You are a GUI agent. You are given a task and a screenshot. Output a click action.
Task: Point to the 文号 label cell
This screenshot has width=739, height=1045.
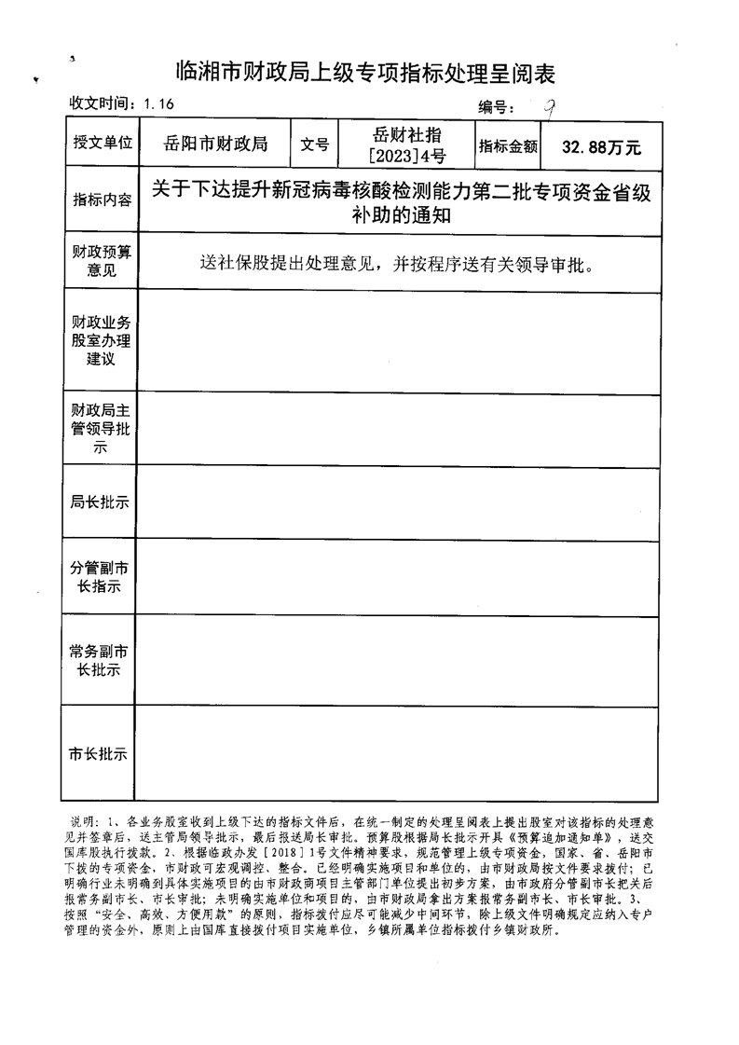(315, 144)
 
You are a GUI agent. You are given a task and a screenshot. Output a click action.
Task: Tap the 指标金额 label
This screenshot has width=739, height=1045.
(509, 145)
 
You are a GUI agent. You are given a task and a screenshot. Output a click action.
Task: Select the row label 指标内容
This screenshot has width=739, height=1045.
(102, 200)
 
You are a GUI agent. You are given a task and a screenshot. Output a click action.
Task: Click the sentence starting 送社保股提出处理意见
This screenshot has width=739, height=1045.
(397, 262)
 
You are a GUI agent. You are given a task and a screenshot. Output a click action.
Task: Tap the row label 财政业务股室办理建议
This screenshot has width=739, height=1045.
(102, 341)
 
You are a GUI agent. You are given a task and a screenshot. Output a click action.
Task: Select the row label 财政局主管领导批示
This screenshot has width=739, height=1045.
(102, 428)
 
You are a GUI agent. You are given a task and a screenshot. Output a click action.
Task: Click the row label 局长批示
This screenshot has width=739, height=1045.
(100, 502)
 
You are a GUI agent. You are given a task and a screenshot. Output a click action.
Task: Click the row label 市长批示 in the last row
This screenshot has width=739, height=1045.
(99, 753)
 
